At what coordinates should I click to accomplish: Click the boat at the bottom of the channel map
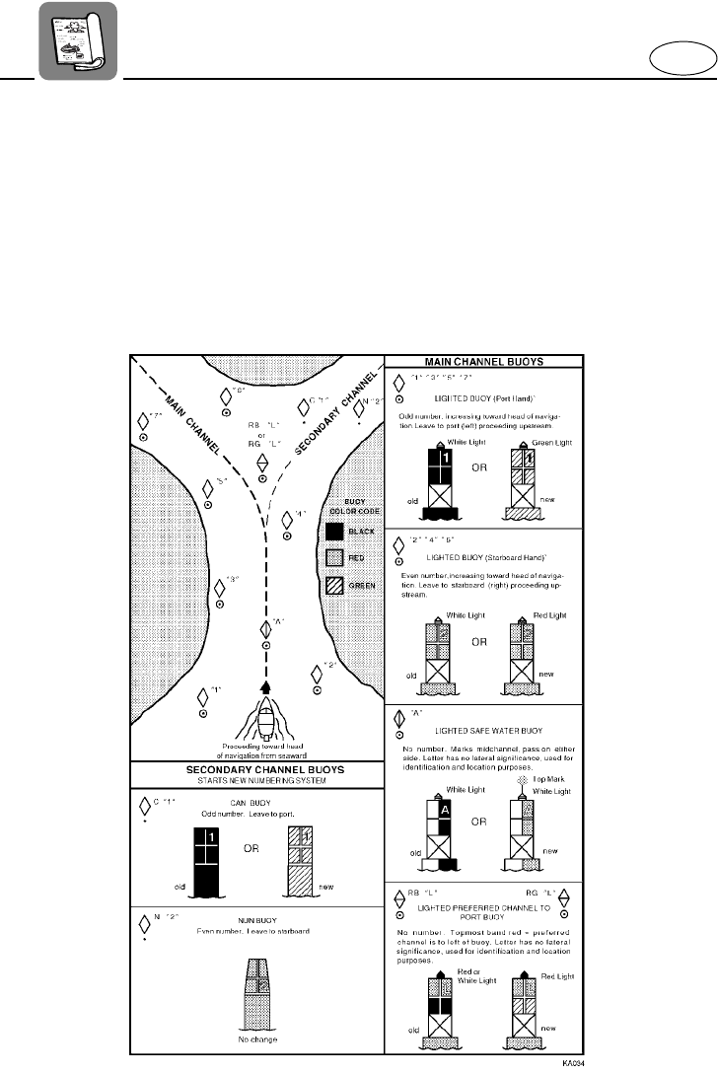coord(264,720)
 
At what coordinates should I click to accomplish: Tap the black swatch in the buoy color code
coord(335,533)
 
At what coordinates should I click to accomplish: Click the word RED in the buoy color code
coord(361,559)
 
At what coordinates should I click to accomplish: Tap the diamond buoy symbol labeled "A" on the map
coord(264,629)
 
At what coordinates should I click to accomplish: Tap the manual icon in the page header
coord(77,39)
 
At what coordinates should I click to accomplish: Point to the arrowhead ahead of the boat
coord(264,686)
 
